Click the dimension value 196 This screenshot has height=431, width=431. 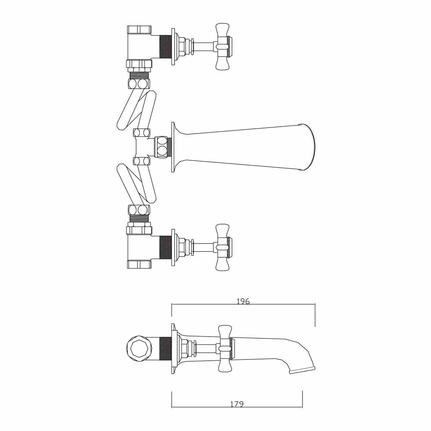click(243, 301)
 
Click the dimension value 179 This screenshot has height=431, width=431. click(237, 404)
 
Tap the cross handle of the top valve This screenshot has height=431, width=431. click(222, 47)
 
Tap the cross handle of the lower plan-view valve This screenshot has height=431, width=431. click(222, 247)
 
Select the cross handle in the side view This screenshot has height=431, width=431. click(225, 348)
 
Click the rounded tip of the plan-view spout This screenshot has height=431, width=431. click(309, 147)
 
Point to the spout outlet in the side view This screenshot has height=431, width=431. click(302, 370)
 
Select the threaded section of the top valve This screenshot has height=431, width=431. click(165, 47)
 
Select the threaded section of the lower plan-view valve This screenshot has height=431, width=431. click(165, 247)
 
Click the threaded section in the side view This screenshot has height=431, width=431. click(165, 348)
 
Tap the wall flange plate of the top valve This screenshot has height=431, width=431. click(173, 47)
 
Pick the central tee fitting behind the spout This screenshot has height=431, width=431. click(142, 147)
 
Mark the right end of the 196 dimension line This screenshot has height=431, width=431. click(315, 305)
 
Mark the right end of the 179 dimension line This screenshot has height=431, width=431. click(302, 407)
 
